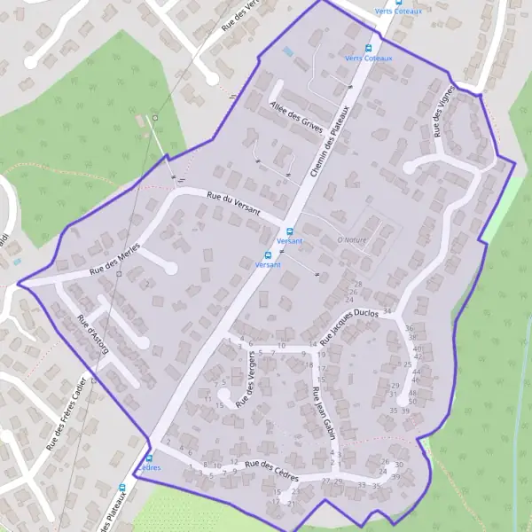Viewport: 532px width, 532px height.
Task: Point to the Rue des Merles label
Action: coord(116,259)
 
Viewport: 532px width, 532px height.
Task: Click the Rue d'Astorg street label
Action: coord(92,334)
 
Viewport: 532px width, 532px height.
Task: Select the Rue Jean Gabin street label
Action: coord(322,410)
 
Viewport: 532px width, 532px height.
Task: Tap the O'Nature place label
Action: coord(351,239)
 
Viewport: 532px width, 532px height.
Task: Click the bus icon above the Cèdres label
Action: coord(149,458)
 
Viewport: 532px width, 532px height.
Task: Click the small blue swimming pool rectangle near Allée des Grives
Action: coord(288,52)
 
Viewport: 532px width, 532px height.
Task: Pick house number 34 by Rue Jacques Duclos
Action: coord(387,310)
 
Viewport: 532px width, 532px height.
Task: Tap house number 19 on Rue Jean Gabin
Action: coord(321,355)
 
